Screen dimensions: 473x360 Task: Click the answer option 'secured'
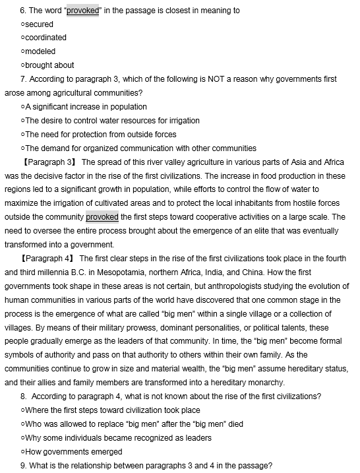pyautogui.click(x=39, y=24)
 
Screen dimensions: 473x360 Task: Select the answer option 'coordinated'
pyautogui.click(x=45, y=38)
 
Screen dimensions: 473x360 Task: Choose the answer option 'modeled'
pyautogui.click(x=40, y=51)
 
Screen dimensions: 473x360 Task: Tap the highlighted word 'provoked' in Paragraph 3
pyautogui.click(x=102, y=217)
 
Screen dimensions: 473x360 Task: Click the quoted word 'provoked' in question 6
pyautogui.click(x=82, y=11)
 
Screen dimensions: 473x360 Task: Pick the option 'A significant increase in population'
pyautogui.click(x=86, y=107)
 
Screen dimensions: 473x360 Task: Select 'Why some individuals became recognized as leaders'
pyautogui.click(x=118, y=438)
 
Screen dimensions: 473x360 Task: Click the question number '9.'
pyautogui.click(x=24, y=466)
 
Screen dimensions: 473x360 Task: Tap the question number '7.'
pyautogui.click(x=24, y=79)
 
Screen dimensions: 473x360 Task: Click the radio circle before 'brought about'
pyautogui.click(x=22, y=65)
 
